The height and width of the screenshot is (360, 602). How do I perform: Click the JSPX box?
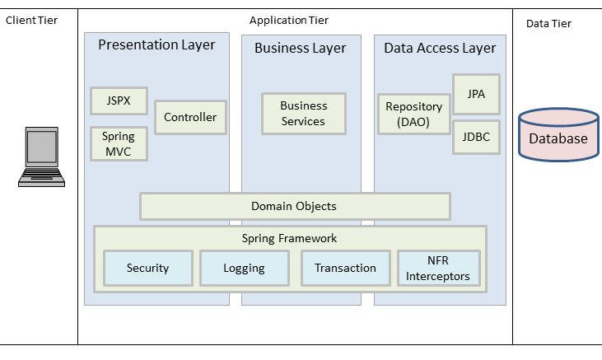click(119, 101)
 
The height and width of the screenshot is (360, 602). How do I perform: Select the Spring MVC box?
click(119, 144)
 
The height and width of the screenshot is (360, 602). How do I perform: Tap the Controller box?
click(190, 118)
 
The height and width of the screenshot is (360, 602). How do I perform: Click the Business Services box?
click(303, 114)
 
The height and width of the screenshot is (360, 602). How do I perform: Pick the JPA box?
click(476, 94)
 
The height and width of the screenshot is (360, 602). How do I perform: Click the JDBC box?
click(476, 137)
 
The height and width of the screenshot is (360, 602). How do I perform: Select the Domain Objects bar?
click(294, 206)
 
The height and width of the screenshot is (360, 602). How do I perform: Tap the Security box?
click(148, 268)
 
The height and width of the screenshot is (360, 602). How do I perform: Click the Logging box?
click(244, 268)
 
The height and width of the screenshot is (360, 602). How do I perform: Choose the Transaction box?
click(345, 268)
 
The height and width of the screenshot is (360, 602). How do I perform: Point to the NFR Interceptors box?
click(437, 269)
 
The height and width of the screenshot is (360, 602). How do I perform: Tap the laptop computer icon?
click(40, 157)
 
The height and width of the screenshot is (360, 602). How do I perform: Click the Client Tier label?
click(31, 20)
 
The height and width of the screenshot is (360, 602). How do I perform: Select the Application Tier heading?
click(294, 20)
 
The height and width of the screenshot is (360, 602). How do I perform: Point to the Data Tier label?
click(548, 23)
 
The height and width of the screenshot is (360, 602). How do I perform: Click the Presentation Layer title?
click(156, 45)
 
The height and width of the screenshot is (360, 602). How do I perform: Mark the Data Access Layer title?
click(440, 48)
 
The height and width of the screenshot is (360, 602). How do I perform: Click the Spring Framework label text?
click(289, 238)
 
